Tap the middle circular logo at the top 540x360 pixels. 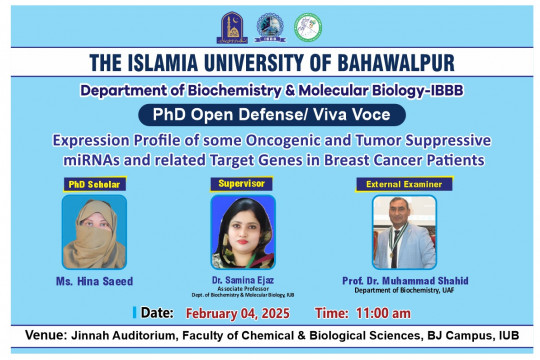point(268,24)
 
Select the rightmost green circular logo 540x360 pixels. point(306,25)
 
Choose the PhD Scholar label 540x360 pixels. point(91,185)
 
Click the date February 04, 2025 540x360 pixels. point(237,313)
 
